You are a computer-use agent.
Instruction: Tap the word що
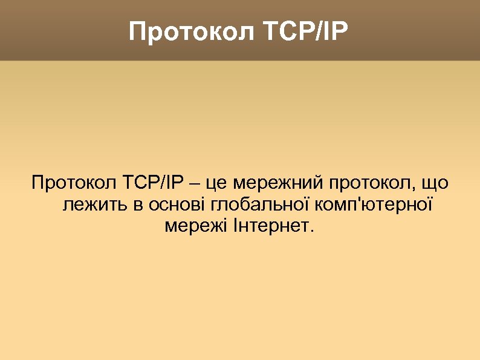coord(436,183)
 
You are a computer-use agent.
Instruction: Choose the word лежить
coord(95,205)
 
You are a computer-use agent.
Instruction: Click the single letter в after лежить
coord(137,205)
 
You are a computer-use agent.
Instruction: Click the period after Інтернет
coord(312,232)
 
